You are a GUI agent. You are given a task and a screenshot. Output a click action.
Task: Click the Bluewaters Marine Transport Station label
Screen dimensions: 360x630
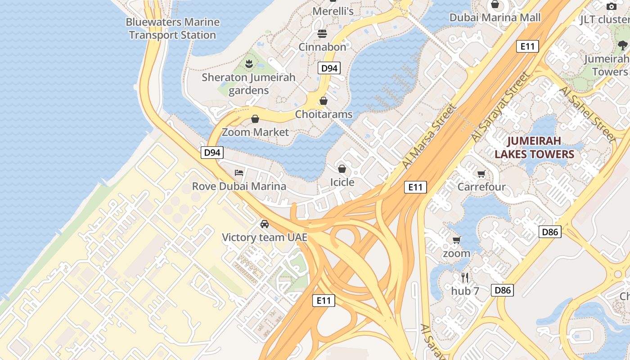click(x=172, y=28)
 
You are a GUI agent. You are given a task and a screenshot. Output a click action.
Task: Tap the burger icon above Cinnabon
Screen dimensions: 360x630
click(x=322, y=34)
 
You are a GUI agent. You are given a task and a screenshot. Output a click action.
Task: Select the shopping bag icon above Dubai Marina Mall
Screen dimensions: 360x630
click(x=495, y=4)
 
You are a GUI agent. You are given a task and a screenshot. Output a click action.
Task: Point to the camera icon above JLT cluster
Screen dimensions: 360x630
click(x=611, y=6)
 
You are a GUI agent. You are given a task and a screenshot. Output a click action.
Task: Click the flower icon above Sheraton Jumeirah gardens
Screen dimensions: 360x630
click(x=248, y=64)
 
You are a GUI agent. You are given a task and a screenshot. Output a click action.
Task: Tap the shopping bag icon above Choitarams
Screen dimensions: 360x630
click(x=324, y=101)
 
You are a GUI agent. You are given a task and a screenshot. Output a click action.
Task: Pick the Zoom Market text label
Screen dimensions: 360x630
click(x=255, y=132)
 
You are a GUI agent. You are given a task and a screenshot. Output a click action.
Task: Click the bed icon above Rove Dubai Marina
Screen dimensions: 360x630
click(x=239, y=173)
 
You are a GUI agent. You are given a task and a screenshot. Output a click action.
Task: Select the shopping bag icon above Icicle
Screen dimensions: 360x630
click(x=342, y=169)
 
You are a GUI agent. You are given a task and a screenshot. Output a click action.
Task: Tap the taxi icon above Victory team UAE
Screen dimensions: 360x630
click(x=265, y=224)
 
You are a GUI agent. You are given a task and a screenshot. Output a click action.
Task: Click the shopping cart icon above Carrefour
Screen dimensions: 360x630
click(x=481, y=174)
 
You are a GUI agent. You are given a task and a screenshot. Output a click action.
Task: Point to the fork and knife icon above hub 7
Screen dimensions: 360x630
click(x=465, y=278)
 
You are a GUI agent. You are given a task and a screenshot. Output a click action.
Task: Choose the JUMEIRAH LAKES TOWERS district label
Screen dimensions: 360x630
click(x=535, y=148)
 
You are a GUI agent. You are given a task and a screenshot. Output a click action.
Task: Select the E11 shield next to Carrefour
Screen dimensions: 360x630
click(x=415, y=187)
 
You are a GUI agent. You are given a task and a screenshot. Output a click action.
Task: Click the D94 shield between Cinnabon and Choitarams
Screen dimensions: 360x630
click(x=329, y=68)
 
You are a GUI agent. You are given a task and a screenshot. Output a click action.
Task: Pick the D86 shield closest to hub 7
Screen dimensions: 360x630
click(x=502, y=290)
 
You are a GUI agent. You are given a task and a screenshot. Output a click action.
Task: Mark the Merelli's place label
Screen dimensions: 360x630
click(x=333, y=11)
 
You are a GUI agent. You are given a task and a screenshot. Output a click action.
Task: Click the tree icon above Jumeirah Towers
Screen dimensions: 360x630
click(x=623, y=45)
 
